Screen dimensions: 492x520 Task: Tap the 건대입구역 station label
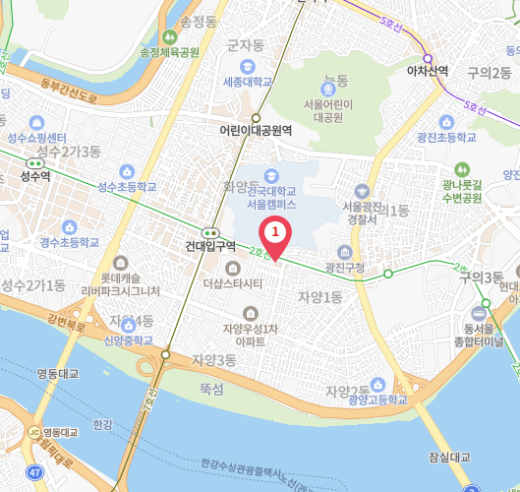[x=210, y=246]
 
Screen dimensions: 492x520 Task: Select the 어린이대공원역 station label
[x=256, y=129]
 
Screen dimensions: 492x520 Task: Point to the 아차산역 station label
[x=428, y=70]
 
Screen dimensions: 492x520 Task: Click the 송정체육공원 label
[x=170, y=52]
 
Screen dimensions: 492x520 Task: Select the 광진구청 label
[x=344, y=267]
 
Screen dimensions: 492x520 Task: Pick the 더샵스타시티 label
[x=232, y=284]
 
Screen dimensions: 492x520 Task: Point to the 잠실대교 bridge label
[x=450, y=458]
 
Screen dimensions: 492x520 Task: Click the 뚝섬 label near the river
[x=212, y=390]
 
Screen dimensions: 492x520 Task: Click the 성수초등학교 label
[x=127, y=185]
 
